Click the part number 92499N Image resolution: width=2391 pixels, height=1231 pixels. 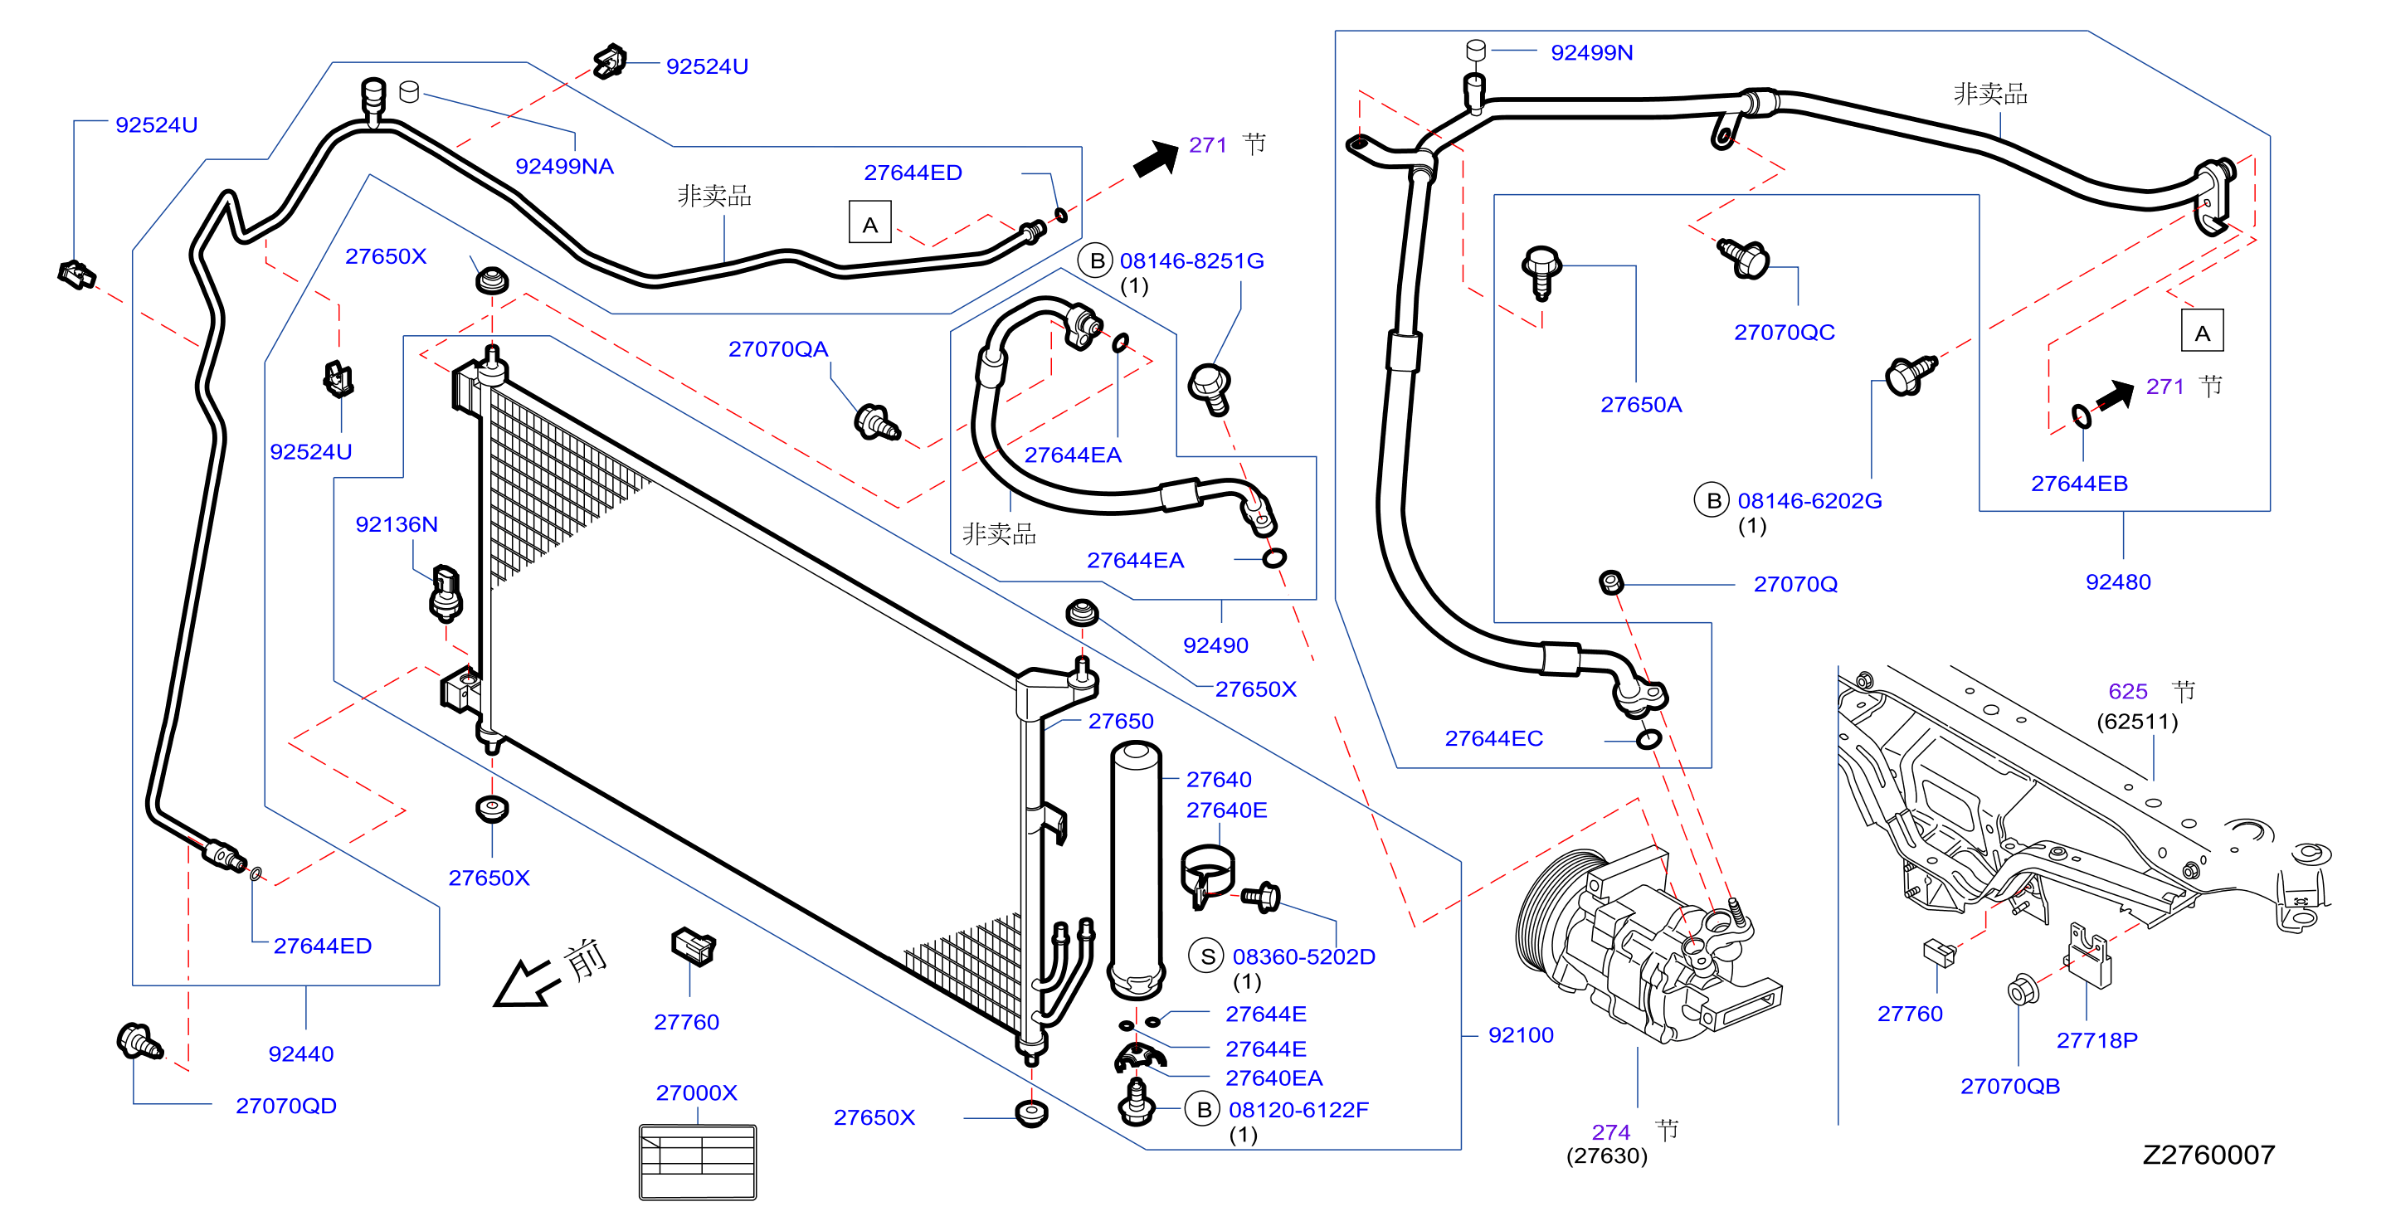1591,53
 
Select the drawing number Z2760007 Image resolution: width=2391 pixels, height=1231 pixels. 2208,1154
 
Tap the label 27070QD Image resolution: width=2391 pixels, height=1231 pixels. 286,1106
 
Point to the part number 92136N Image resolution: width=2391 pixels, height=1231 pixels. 397,524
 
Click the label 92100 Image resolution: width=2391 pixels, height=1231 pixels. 1521,1035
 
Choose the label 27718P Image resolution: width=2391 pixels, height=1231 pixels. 2096,1039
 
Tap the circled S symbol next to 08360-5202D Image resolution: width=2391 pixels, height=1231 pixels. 1206,956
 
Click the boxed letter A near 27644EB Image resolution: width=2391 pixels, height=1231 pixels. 2202,332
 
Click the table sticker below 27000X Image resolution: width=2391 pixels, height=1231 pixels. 698,1162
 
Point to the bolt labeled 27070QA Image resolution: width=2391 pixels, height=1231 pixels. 876,422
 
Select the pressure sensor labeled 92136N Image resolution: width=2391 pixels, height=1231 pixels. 446,592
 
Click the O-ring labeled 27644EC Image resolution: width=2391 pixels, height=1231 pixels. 1648,740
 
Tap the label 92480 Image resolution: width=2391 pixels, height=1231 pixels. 2117,582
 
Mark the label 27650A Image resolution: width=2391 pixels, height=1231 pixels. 1641,405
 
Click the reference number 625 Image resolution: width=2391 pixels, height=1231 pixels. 2127,691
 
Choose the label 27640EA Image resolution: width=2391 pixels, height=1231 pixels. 1273,1078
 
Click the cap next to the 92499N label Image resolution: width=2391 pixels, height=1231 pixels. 1476,50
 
